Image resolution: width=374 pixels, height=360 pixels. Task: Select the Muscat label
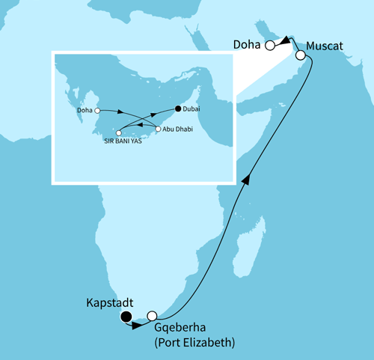(325, 46)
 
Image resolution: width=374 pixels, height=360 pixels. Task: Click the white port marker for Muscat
(300, 55)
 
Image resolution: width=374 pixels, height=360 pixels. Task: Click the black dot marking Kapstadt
(126, 317)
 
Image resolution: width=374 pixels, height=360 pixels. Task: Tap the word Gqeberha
(184, 329)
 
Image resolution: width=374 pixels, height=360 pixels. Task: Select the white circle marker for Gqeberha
(153, 316)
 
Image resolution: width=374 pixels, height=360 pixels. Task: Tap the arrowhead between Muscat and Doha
(286, 43)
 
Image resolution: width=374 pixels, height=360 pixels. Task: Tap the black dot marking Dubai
(177, 109)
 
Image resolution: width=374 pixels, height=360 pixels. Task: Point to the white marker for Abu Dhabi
(158, 129)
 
